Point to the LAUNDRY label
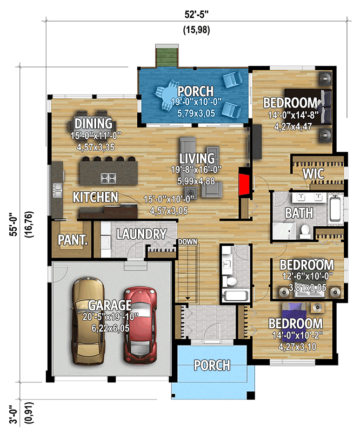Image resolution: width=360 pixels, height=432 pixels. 141,234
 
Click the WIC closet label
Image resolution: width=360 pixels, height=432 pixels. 314,174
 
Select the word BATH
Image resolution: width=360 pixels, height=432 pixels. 299,213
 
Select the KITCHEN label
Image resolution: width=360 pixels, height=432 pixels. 96,197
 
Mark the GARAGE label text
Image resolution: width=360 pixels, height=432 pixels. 110,305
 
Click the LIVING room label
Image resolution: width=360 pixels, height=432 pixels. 197,159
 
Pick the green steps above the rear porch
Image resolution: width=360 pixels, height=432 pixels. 163,56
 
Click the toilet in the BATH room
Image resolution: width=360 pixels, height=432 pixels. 305,232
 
